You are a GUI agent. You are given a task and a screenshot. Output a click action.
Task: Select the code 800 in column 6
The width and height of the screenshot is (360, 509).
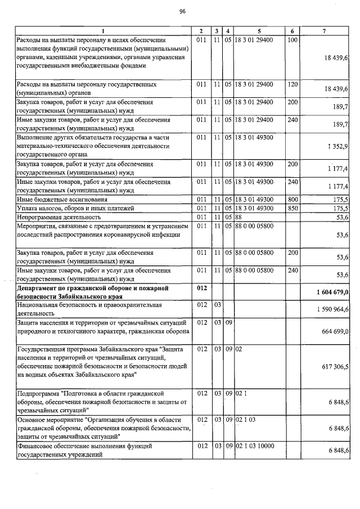[292, 200]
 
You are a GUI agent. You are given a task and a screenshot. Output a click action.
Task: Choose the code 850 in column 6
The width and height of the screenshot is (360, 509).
[292, 208]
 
